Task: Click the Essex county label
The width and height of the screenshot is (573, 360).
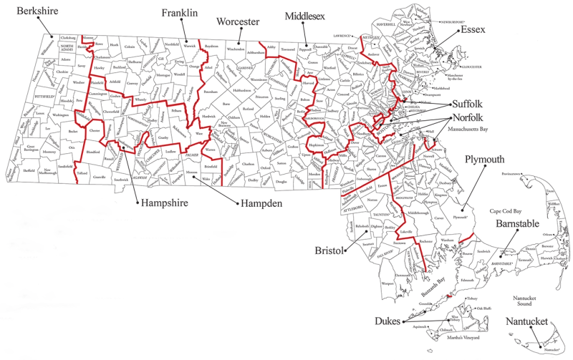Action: [x=473, y=31]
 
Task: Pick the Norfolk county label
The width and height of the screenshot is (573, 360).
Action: [x=469, y=118]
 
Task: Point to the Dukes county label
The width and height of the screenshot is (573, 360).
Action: [x=387, y=322]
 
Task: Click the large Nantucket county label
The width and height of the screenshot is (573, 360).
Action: [x=529, y=322]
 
